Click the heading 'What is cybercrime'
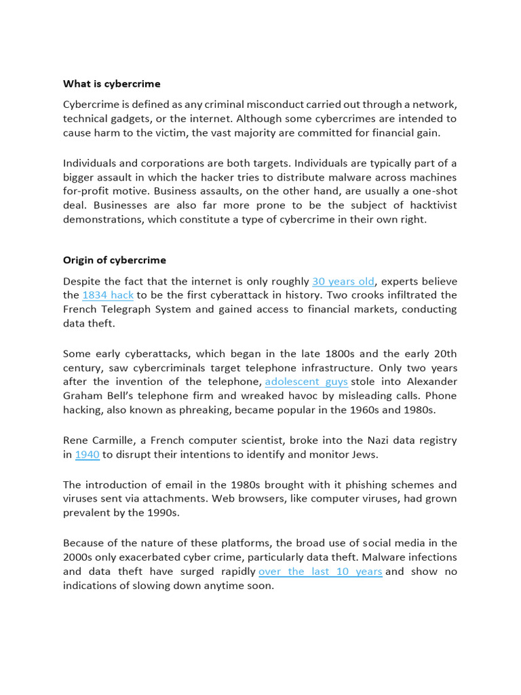tap(112, 83)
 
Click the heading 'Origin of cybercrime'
tap(114, 260)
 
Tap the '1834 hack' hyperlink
tap(108, 295)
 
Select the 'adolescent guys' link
tap(306, 381)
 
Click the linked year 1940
tap(88, 455)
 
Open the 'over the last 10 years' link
tap(320, 571)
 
